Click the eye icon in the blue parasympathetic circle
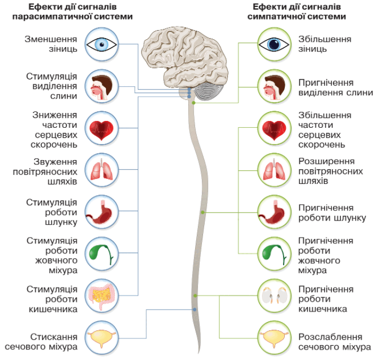coord(101,45)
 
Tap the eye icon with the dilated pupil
coord(274,45)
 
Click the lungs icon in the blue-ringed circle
coord(102,170)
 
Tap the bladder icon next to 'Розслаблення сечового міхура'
coord(274,339)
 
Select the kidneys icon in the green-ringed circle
coord(274,295)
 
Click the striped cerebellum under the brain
coord(209,91)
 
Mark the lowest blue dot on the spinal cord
coord(195,310)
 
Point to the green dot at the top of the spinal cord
coord(194,103)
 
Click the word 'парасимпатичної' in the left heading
coord(50,16)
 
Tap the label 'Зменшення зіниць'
coord(51,44)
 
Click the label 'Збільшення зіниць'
coord(325,44)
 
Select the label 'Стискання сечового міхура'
coord(41,341)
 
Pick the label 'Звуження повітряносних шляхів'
coord(45,172)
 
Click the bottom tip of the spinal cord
coord(199,354)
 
